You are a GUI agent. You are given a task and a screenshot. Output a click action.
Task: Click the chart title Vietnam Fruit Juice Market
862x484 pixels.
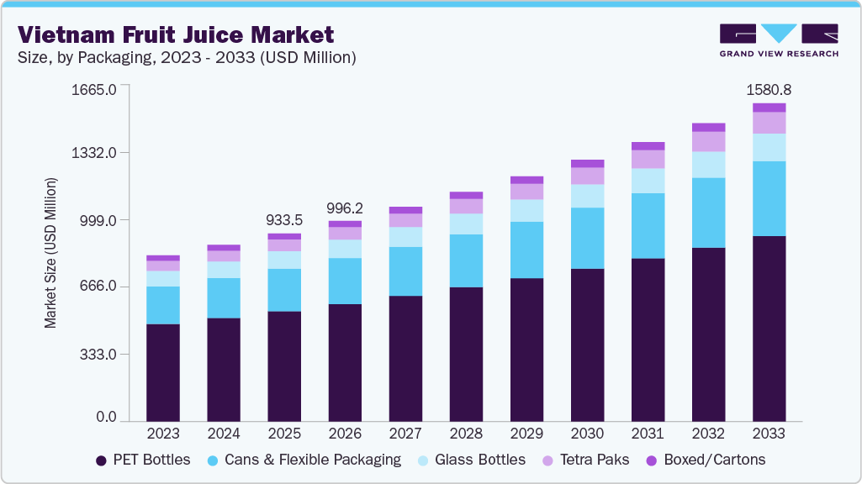point(176,34)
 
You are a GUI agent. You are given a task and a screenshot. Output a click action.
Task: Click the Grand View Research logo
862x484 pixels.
point(778,40)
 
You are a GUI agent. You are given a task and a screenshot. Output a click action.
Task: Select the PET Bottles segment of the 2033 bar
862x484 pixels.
point(769,329)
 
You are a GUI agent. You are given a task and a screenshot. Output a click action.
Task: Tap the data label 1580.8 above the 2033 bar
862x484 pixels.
point(769,90)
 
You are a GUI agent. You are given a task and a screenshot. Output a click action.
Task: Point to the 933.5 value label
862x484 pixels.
point(284,220)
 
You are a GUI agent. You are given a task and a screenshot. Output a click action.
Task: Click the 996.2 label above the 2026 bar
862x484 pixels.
point(345,208)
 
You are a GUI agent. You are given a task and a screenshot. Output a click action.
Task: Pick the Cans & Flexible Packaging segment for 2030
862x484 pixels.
point(587,238)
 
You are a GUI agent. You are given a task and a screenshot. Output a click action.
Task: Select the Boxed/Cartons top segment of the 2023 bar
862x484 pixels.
point(163,258)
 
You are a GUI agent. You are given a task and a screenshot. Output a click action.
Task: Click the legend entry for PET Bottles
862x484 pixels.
point(144,460)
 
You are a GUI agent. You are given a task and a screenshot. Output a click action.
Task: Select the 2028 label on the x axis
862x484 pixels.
point(466,434)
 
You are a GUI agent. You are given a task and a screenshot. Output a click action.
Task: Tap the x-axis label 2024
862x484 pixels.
point(224,434)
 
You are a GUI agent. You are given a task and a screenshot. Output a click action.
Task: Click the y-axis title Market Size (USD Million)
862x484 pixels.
point(51,253)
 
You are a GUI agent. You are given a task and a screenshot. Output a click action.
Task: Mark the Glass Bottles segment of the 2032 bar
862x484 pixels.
point(708,165)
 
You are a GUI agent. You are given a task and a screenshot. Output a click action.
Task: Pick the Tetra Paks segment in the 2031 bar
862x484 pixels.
point(648,159)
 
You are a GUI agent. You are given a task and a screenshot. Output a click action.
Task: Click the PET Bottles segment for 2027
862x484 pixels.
point(405,358)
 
